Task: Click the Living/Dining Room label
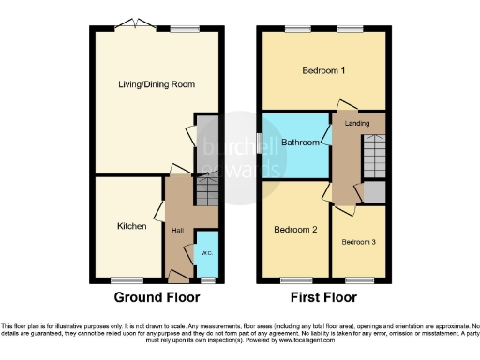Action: coord(156,84)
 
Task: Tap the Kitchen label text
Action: coord(131,226)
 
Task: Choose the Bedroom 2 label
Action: coord(295,230)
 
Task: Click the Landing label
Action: coord(357,123)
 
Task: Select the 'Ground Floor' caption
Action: coord(157,298)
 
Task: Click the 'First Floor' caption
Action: coord(322,298)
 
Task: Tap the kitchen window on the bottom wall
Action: coord(125,280)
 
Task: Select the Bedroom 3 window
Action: coord(359,280)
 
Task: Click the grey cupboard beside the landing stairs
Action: coord(374,190)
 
